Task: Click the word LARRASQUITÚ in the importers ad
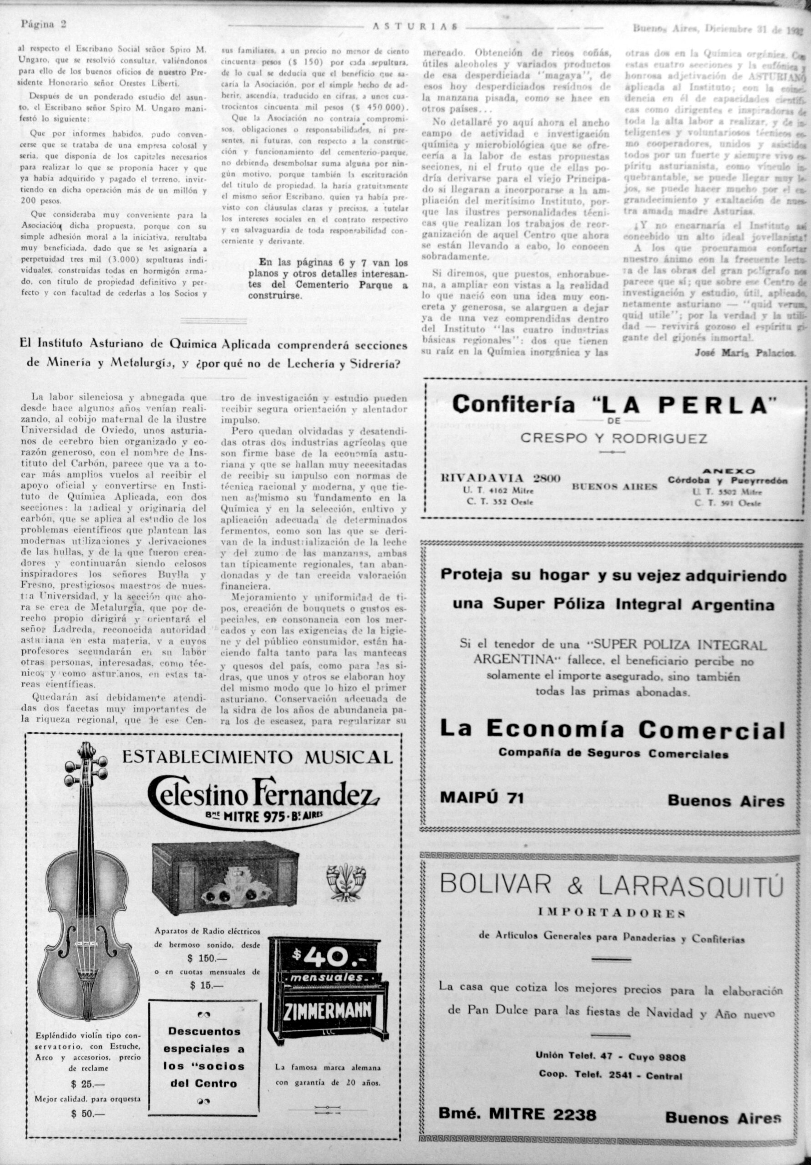[691, 886]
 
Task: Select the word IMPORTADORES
[613, 913]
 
